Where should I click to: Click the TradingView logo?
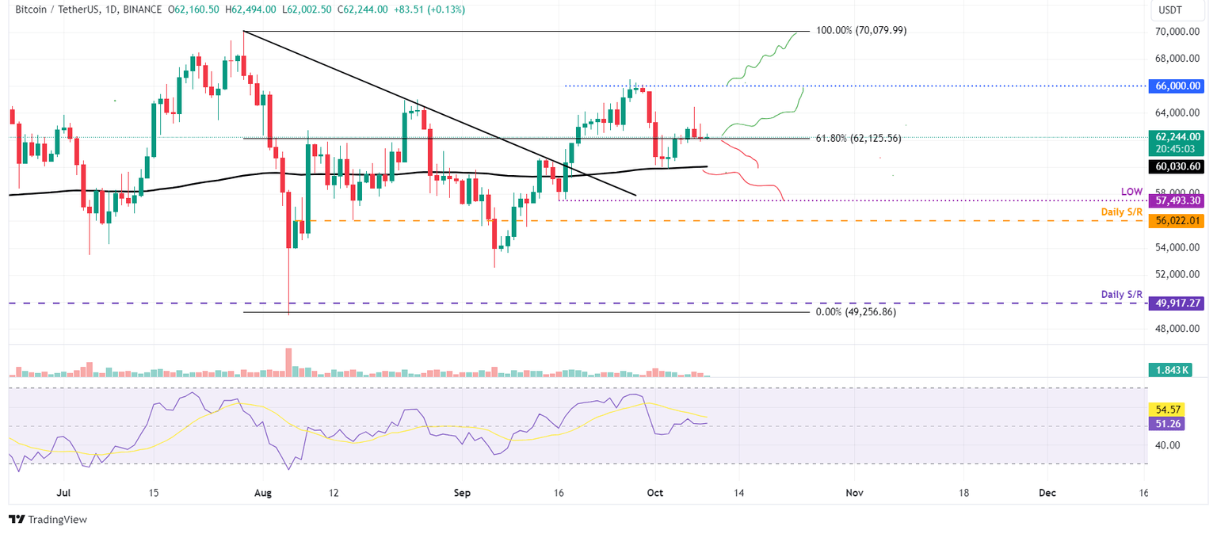(48, 519)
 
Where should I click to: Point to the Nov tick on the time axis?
(854, 492)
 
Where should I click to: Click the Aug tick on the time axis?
(263, 492)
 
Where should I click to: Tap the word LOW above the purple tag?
(1131, 192)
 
